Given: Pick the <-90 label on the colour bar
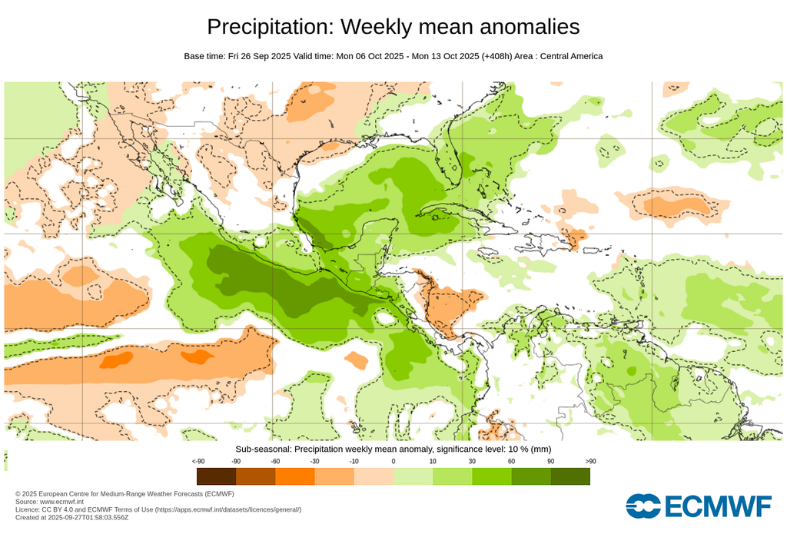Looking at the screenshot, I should click(198, 461).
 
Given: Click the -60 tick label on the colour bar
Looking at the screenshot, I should click(275, 461).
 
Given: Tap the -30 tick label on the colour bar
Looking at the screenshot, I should click(314, 461).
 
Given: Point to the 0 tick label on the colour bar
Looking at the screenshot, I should click(393, 461).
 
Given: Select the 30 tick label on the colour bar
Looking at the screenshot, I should click(472, 461).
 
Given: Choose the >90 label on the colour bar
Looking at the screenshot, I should click(590, 461).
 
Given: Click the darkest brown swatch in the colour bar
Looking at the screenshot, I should click(216, 476).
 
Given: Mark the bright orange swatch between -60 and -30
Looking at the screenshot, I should click(294, 476).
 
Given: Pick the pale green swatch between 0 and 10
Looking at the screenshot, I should click(413, 476).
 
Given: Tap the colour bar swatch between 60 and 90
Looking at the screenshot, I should click(531, 476).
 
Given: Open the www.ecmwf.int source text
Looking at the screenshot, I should click(61, 502).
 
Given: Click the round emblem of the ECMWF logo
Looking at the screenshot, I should click(643, 506).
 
